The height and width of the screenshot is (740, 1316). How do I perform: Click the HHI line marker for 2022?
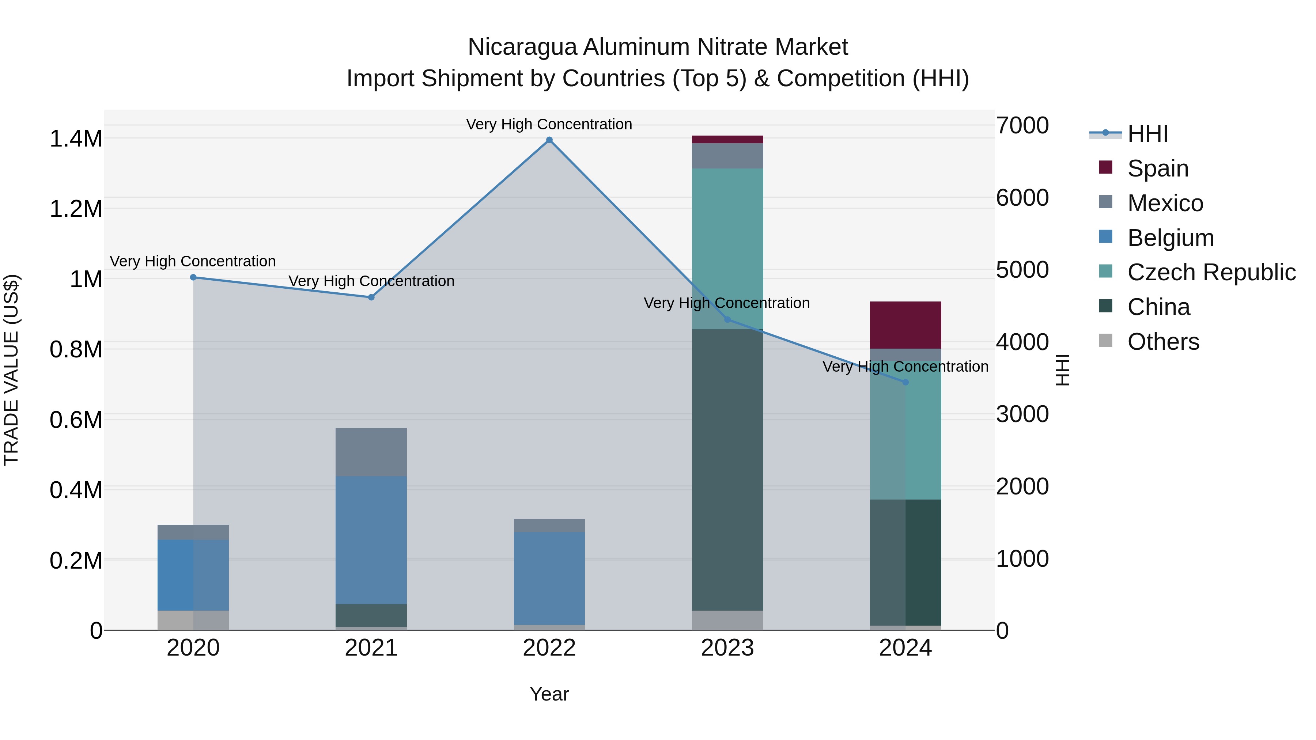tap(549, 140)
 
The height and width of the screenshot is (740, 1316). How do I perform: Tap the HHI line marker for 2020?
tap(193, 277)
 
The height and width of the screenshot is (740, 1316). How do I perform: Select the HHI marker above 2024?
tap(905, 382)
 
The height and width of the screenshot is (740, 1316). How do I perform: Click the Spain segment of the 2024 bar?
tap(905, 325)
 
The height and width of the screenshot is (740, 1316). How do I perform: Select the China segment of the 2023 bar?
tap(727, 470)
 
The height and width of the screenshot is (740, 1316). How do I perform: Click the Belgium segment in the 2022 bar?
tap(549, 578)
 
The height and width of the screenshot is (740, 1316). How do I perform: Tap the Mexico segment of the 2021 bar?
tap(371, 452)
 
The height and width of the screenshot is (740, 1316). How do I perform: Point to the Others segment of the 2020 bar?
tap(193, 620)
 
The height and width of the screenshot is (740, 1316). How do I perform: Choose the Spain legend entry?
tap(1158, 168)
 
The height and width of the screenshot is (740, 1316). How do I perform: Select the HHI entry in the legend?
tap(1147, 134)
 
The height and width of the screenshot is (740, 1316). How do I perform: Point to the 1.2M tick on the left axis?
tap(76, 209)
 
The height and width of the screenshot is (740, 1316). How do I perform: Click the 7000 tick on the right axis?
tap(1022, 126)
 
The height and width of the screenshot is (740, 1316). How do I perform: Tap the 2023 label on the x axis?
tap(727, 648)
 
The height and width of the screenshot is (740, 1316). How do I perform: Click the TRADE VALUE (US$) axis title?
tap(11, 370)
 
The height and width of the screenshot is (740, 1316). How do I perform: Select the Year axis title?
tap(549, 694)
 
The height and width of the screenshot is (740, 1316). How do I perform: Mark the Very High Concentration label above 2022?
tap(549, 124)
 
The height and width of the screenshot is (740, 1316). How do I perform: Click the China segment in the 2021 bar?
tap(371, 615)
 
